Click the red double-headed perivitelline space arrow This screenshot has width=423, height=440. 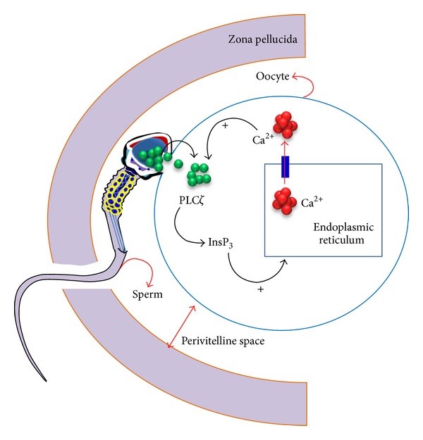click(180, 327)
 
